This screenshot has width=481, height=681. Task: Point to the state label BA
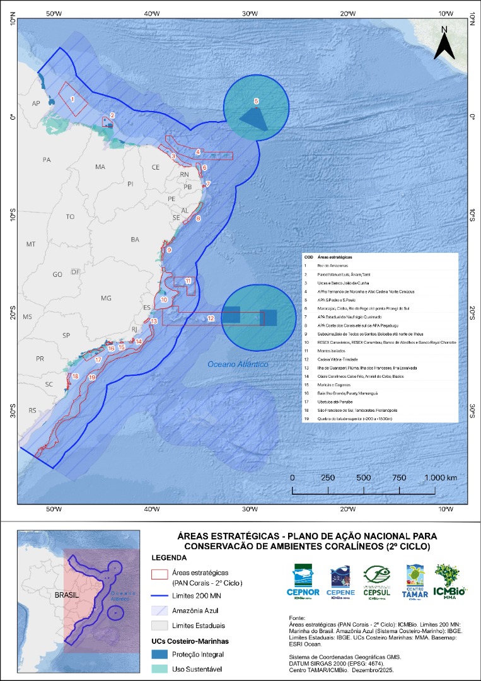[135, 240]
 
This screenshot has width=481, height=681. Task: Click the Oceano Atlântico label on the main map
[238, 364]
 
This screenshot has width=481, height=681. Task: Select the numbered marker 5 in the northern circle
[256, 101]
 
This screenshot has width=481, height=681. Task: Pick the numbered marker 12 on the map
[210, 320]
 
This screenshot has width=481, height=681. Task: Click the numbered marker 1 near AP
[73, 99]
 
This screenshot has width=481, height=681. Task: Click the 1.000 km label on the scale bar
[441, 477]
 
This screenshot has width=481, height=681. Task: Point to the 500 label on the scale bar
[363, 477]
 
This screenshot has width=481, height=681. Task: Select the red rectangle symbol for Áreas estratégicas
[159, 574]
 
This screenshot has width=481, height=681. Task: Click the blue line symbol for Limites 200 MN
[159, 596]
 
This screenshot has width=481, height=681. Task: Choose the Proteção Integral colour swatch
[159, 653]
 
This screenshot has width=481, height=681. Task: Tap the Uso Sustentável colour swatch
[159, 668]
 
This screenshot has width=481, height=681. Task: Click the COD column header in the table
[309, 257]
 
